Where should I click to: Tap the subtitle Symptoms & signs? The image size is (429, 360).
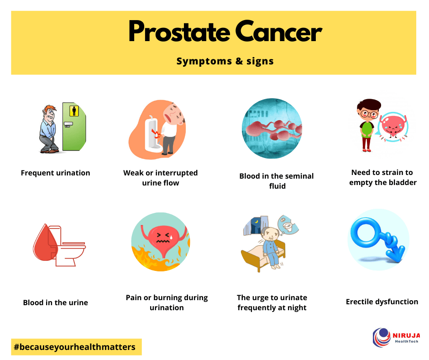[225, 61]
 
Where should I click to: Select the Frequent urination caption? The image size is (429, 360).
[56, 173]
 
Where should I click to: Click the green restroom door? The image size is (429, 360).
[74, 127]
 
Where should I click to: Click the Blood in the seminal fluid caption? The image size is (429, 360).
[277, 181]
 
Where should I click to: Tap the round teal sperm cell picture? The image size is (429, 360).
[272, 128]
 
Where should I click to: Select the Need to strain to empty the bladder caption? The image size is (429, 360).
[382, 178]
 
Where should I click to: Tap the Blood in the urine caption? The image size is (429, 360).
[56, 302]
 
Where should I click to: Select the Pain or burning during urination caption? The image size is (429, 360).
[167, 302]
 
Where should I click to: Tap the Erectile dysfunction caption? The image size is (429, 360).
[382, 302]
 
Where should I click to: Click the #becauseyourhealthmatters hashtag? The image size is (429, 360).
[75, 347]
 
